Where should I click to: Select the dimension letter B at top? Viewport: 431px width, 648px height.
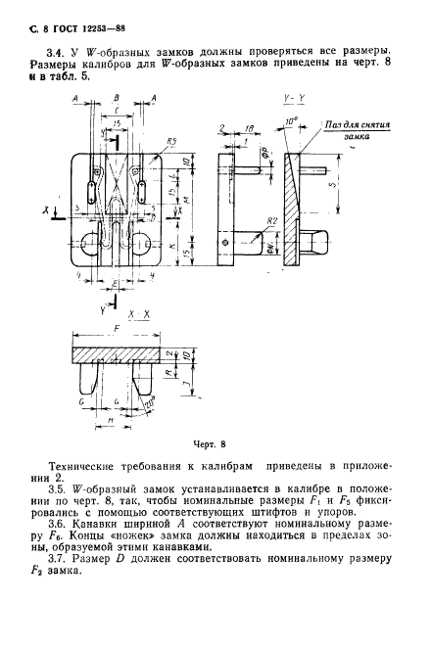[116, 99]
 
